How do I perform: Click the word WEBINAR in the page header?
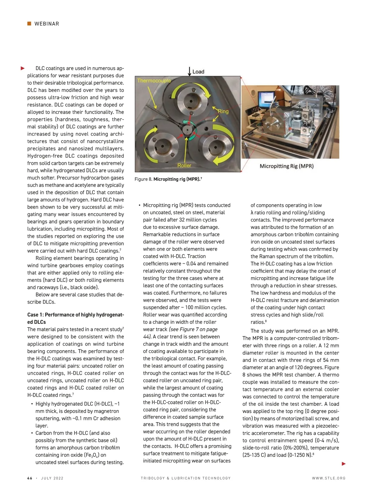(46, 24)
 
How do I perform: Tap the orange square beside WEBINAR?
(29, 24)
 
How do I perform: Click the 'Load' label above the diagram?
(198, 72)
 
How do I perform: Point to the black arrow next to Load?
(189, 71)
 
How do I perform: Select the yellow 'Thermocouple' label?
(154, 81)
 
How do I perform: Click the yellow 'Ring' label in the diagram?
(223, 111)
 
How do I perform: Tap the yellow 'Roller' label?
(184, 165)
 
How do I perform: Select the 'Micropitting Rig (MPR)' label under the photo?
(286, 166)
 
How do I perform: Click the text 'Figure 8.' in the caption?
(144, 179)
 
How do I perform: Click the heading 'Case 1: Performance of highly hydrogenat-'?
(76, 315)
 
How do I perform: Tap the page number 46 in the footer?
(30, 478)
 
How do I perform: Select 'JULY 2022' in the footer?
(52, 478)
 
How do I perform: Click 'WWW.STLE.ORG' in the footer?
(329, 478)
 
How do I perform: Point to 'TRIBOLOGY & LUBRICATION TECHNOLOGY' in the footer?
(186, 478)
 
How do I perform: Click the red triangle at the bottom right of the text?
(343, 464)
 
